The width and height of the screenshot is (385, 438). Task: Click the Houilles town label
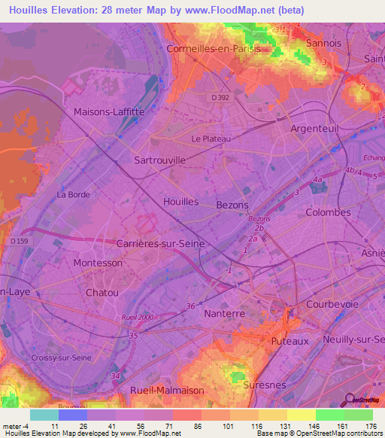click(180, 202)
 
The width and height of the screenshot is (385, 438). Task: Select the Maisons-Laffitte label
click(109, 112)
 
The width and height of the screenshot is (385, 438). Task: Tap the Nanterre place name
click(226, 313)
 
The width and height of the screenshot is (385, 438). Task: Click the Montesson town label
click(98, 263)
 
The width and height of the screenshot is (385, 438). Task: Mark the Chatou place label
click(102, 292)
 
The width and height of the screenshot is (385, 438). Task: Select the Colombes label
click(328, 212)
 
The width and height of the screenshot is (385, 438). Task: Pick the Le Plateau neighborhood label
click(211, 138)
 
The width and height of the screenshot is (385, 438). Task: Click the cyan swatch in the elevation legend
click(44, 415)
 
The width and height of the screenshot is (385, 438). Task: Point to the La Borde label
click(74, 194)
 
